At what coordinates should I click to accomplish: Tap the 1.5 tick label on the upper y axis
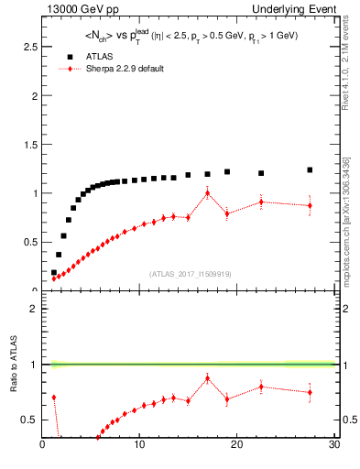point(31,145)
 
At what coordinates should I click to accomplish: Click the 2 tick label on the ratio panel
point(34,309)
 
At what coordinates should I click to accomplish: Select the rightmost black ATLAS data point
point(310,169)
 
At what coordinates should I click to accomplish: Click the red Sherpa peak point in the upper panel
point(208,192)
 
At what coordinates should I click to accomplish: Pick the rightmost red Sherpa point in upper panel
point(310,205)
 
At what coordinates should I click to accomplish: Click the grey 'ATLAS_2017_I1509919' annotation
point(190,273)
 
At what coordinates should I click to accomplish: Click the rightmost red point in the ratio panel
point(310,392)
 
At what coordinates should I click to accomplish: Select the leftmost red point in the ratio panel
point(54,398)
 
